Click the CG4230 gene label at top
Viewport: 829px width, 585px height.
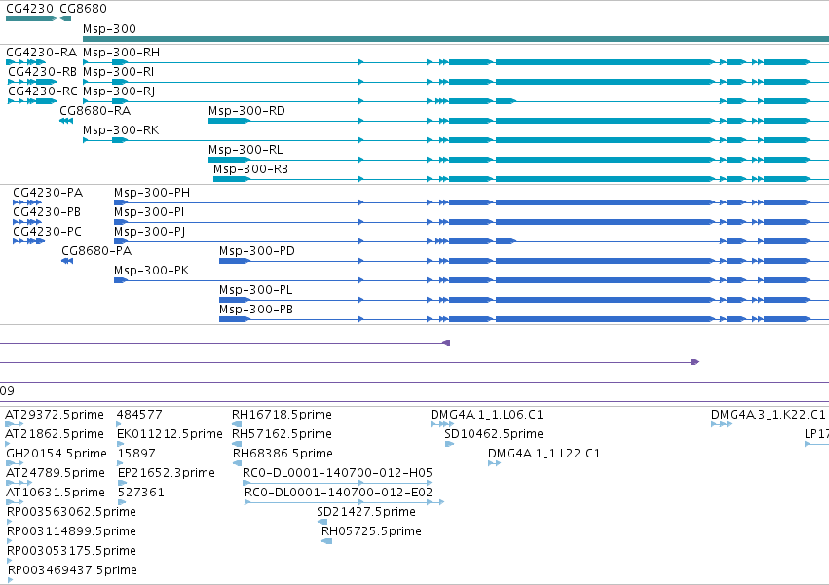pos(29,9)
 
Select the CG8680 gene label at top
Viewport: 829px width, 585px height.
pos(83,9)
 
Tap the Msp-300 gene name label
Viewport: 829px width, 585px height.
pos(109,29)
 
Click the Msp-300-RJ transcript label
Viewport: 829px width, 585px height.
pos(119,91)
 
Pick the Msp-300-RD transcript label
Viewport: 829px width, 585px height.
pos(246,111)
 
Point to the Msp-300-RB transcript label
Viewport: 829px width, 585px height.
pos(250,169)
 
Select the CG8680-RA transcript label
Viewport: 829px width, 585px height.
pos(94,111)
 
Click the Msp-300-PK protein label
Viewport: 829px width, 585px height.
pos(151,271)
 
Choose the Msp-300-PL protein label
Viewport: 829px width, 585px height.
pos(256,290)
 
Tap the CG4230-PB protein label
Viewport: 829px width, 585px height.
pos(47,212)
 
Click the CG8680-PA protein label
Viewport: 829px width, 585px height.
pos(96,251)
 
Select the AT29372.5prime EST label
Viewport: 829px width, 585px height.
pos(55,415)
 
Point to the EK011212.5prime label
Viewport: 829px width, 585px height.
pos(170,434)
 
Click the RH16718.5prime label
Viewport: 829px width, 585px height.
pos(282,415)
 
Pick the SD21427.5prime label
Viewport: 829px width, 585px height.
pos(366,512)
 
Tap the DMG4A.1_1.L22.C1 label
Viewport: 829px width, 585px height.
pos(544,454)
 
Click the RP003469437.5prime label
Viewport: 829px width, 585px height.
pos(72,570)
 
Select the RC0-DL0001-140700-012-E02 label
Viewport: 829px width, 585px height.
pos(338,492)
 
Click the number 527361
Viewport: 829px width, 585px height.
pos(140,493)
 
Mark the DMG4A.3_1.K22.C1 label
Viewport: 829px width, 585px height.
pos(768,415)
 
